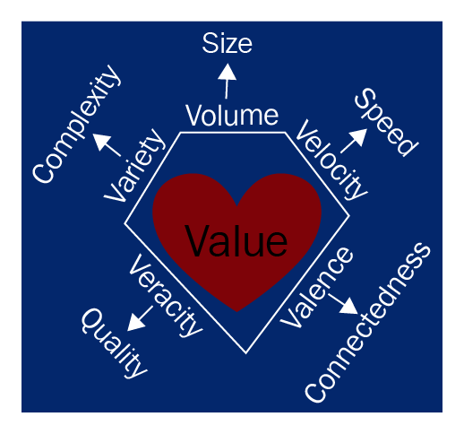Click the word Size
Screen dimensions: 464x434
[x=227, y=44]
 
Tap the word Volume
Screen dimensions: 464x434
[x=232, y=116]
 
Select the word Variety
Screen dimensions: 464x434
[x=134, y=165]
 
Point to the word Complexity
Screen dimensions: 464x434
[x=77, y=124]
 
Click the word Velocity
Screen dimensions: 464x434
[x=331, y=160]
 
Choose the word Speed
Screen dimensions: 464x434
[x=387, y=122]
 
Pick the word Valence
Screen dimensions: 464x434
[x=316, y=287]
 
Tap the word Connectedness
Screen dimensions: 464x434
[x=367, y=323]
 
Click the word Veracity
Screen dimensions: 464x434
[x=166, y=296]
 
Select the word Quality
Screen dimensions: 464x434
[x=115, y=343]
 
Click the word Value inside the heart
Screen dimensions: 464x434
[x=236, y=241]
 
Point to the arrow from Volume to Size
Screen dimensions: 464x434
[x=227, y=81]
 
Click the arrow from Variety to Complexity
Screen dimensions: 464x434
[x=107, y=145]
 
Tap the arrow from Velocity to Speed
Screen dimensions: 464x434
[x=354, y=141]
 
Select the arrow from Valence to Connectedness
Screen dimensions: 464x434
[x=343, y=304]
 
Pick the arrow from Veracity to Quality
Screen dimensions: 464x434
[x=140, y=318]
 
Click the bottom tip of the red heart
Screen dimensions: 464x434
[x=236, y=312]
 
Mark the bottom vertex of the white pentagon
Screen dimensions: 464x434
[x=245, y=353]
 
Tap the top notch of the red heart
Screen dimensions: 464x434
[x=237, y=205]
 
